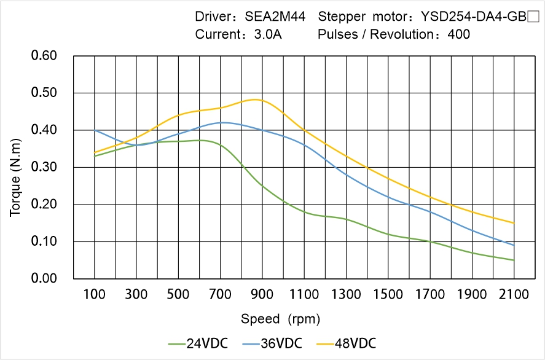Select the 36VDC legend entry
[x=280, y=343]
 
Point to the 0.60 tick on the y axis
[x=44, y=56]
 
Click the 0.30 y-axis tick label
[x=44, y=167]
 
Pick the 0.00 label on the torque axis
[x=44, y=278]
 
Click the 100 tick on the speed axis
[x=95, y=294]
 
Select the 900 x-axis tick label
[x=262, y=294]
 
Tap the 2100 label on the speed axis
[x=514, y=294]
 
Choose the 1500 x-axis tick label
[x=388, y=294]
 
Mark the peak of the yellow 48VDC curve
[x=256, y=100]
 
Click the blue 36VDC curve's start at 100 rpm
[x=95, y=130]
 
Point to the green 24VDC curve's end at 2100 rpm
[x=514, y=260]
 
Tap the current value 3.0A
[x=267, y=34]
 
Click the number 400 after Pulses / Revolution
[x=459, y=34]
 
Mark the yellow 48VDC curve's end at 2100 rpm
[x=514, y=223]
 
